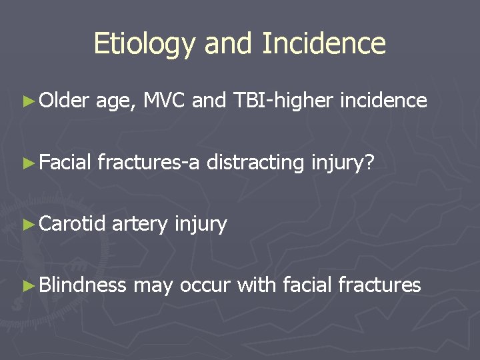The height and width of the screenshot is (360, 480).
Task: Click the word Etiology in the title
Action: (x=145, y=44)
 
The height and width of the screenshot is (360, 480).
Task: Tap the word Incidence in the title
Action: (x=324, y=44)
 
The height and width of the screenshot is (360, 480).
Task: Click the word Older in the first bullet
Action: (x=64, y=101)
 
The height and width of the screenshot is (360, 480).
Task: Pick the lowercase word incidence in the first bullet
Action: (x=383, y=101)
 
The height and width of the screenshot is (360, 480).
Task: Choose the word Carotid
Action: (x=72, y=224)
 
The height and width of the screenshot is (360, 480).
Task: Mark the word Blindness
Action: (x=82, y=285)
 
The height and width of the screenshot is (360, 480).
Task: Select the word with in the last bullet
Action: (x=257, y=285)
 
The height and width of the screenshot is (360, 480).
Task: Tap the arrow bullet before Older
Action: (x=27, y=101)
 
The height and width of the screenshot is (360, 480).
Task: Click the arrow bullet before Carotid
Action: (x=27, y=225)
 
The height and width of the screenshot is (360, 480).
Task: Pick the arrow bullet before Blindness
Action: (x=27, y=286)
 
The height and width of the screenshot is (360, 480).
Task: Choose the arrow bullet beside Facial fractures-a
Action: (x=27, y=163)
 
